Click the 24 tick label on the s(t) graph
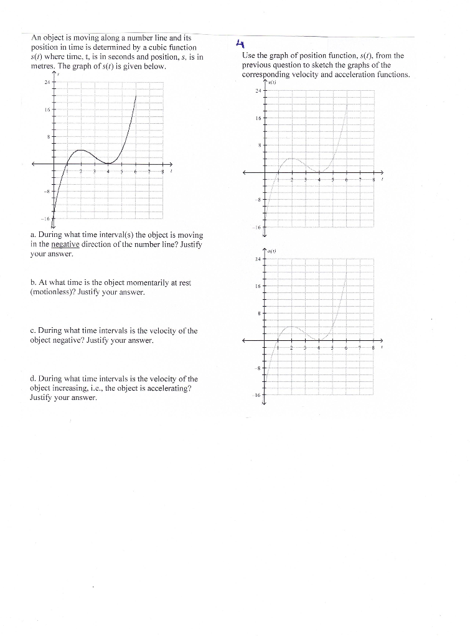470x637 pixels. click(x=46, y=82)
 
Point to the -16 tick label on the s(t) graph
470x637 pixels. click(x=44, y=219)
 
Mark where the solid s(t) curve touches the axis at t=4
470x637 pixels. click(x=108, y=164)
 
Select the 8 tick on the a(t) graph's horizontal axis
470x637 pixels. click(x=373, y=347)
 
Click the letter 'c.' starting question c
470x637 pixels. click(x=32, y=331)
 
